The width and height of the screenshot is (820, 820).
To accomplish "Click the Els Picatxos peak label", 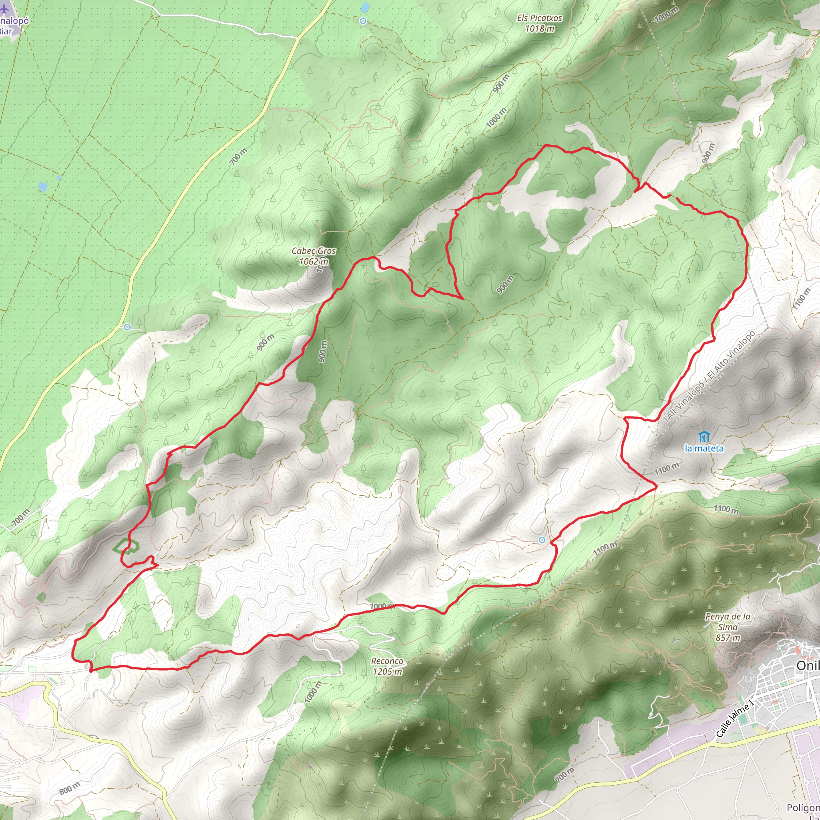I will (x=539, y=23).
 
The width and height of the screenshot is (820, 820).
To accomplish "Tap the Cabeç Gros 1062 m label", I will (x=314, y=256).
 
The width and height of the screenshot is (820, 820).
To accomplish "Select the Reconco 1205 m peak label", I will (x=387, y=666).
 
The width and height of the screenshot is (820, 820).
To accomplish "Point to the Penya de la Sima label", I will (x=728, y=627).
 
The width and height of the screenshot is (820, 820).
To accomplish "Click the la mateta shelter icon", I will (x=704, y=437).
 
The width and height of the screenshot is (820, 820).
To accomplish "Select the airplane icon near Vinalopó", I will (x=5, y=9).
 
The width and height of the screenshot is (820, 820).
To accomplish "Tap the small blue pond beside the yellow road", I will (x=42, y=186).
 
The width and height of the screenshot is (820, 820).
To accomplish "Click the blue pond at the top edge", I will (x=364, y=7).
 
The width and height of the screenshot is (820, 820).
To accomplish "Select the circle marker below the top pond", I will (x=363, y=21).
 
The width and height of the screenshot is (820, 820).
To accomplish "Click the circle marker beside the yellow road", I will (x=127, y=327).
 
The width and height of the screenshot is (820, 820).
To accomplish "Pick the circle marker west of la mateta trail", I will (x=542, y=540).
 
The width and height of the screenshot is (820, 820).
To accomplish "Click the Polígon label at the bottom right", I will (x=804, y=807).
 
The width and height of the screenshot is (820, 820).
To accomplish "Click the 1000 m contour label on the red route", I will (x=382, y=606).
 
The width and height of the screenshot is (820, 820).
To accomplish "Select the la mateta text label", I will (x=704, y=448).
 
